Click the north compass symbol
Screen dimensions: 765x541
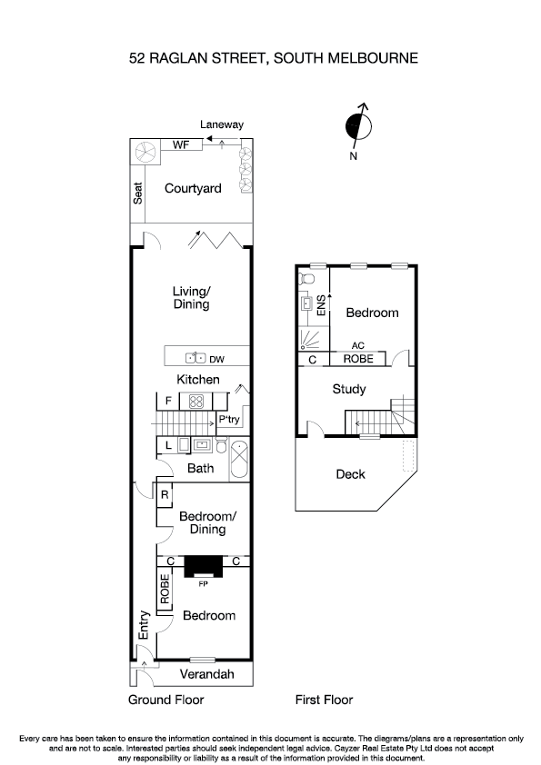[359, 126]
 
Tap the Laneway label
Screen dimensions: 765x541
[222, 124]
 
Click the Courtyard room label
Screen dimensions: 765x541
[193, 189]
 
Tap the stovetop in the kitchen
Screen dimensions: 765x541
[196, 401]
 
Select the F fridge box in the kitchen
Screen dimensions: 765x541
[167, 401]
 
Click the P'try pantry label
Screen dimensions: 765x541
[228, 421]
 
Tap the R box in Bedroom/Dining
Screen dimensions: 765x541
[165, 495]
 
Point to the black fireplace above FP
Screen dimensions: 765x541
[202, 567]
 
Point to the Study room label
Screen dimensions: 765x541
[349, 389]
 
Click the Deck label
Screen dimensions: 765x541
[350, 473]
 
